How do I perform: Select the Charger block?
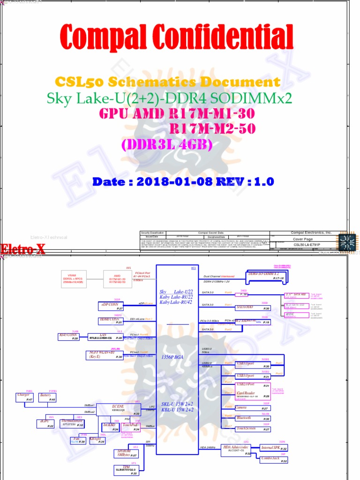point(24,397)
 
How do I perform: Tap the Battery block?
point(46,397)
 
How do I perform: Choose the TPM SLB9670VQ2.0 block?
point(126,469)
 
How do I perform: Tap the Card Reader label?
point(246,393)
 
